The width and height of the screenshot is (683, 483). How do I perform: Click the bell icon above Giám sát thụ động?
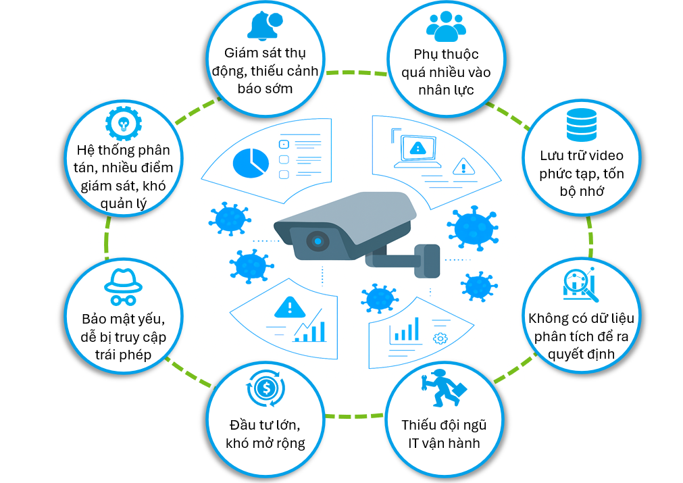tap(263, 26)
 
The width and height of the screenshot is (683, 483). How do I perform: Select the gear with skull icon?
tap(123, 123)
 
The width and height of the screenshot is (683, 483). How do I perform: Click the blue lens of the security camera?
tap(316, 240)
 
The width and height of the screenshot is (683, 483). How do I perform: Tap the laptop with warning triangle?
tap(418, 150)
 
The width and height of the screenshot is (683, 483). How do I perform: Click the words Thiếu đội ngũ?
tap(444, 425)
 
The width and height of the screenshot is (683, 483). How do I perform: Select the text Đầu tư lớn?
tap(264, 425)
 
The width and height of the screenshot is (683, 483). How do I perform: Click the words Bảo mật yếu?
tap(123, 317)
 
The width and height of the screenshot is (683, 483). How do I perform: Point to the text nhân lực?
tap(446, 90)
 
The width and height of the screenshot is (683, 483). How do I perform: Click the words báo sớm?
tap(265, 88)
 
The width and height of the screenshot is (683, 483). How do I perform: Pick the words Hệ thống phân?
tap(123, 149)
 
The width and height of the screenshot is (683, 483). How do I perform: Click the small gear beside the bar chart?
tap(440, 337)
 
